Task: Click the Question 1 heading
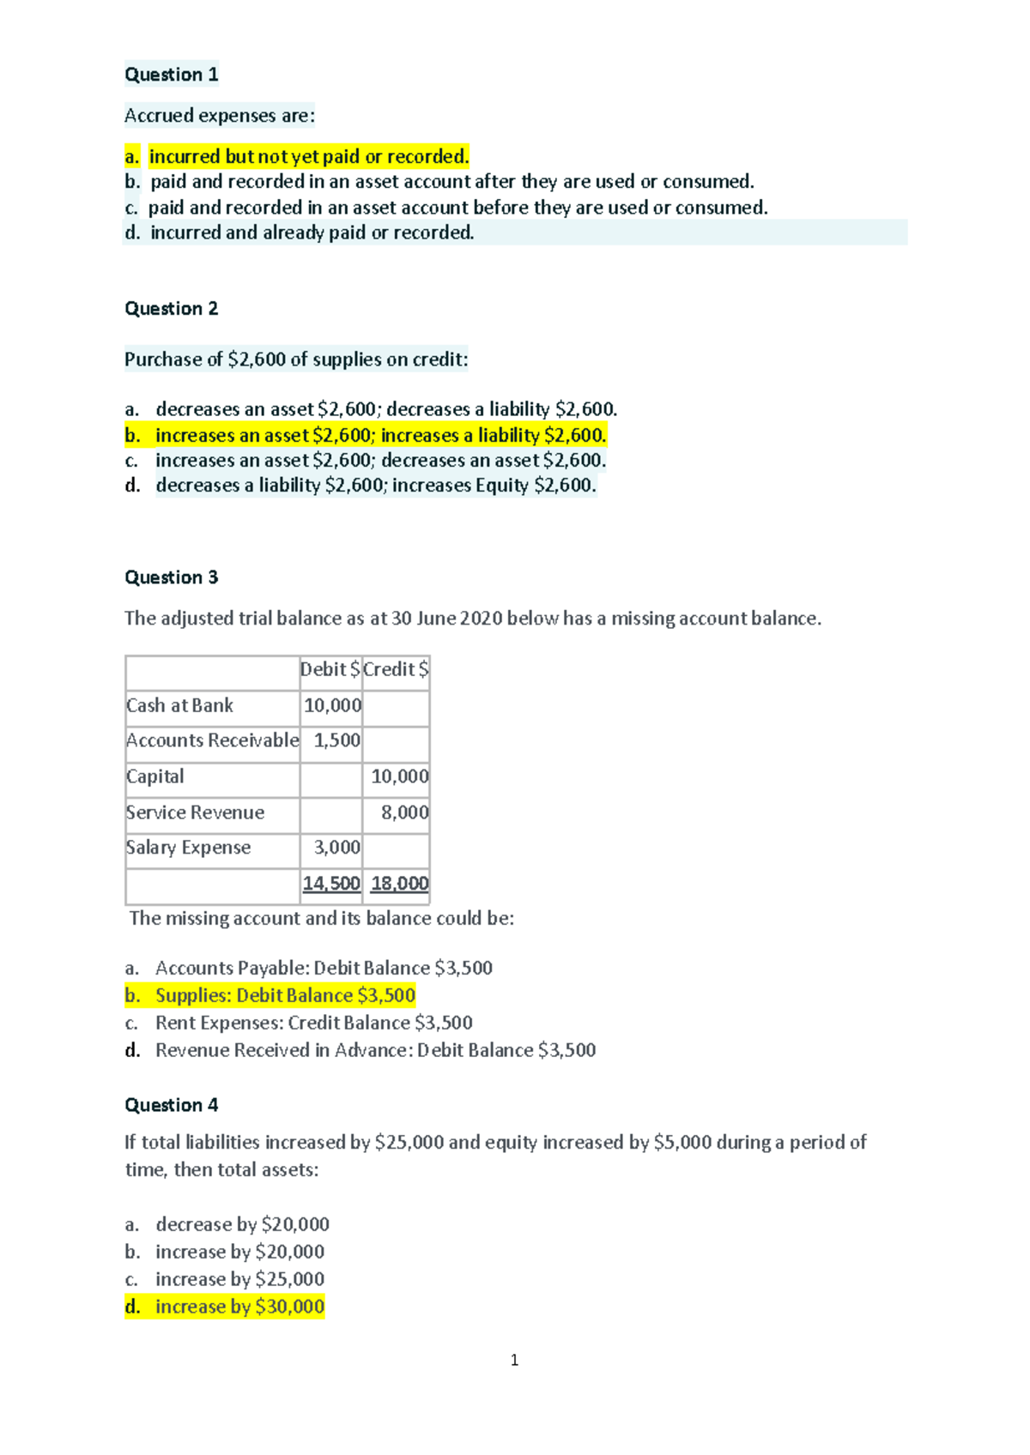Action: click(171, 75)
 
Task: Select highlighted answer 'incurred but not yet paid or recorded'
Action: click(308, 157)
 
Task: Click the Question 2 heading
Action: click(171, 309)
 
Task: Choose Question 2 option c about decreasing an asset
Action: click(380, 461)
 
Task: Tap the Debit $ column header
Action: click(330, 669)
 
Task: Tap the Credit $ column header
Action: click(396, 669)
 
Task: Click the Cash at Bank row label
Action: click(179, 705)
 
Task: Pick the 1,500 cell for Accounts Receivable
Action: click(336, 740)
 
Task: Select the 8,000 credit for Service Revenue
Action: click(404, 812)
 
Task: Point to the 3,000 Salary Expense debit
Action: click(336, 848)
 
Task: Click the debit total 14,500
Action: click(331, 884)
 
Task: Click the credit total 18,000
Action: click(399, 884)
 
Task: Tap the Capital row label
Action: click(155, 776)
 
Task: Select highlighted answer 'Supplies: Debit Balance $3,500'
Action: click(285, 995)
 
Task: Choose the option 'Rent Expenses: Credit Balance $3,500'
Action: click(313, 1023)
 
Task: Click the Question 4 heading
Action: click(171, 1105)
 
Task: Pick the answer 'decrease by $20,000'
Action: click(242, 1224)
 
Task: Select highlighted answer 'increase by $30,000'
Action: click(239, 1307)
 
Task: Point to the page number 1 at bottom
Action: click(514, 1360)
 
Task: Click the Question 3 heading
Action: click(171, 577)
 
